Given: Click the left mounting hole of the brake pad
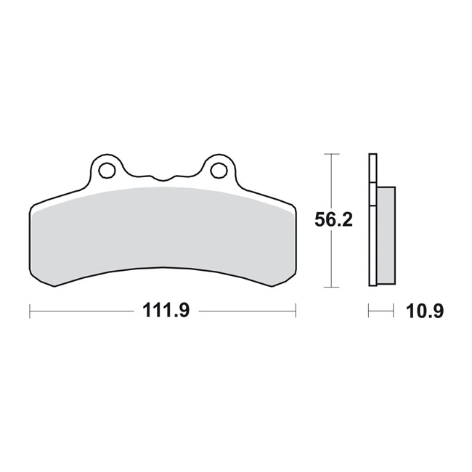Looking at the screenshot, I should (x=107, y=171).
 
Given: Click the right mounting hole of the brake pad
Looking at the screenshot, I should (x=217, y=171).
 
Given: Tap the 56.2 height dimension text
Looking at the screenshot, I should (x=333, y=221).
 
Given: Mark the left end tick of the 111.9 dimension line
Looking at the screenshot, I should (x=30, y=311).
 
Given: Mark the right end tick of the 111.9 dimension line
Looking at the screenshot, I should (x=296, y=311).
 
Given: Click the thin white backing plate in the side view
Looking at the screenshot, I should (x=373, y=218).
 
